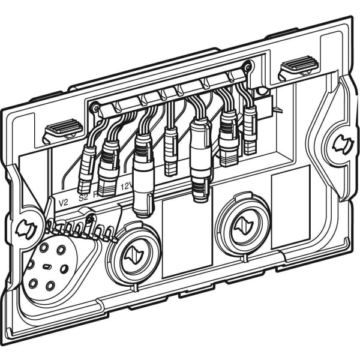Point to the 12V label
click(126, 186)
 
